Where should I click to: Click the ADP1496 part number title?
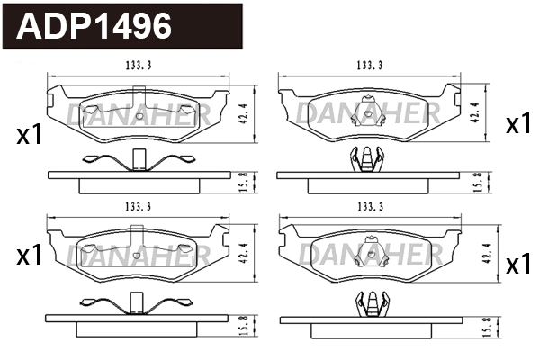click(x=95, y=26)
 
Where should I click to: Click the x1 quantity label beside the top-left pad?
click(x=30, y=136)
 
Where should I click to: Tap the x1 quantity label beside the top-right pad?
click(x=517, y=125)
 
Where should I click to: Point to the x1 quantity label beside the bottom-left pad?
click(x=30, y=256)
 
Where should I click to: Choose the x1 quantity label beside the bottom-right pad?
click(x=517, y=265)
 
